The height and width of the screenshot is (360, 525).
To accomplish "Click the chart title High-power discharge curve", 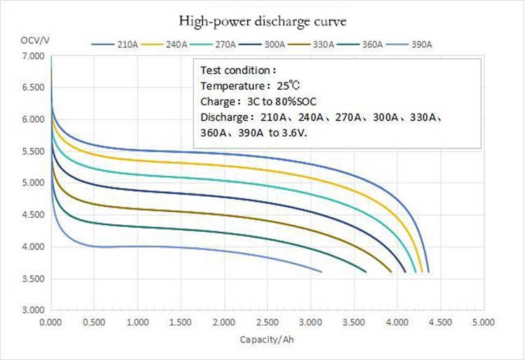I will [x=262, y=21].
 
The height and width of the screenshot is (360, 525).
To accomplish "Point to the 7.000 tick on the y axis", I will [x=34, y=55].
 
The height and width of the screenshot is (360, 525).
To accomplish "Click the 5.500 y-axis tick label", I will [x=34, y=151].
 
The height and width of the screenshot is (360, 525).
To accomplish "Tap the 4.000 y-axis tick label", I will [x=34, y=247].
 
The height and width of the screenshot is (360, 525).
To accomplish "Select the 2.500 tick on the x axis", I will [x=267, y=323].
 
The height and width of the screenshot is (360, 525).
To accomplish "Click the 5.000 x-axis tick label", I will [x=482, y=323].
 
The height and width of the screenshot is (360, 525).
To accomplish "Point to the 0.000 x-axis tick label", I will [x=51, y=323].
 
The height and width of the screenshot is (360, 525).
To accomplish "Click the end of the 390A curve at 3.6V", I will [x=321, y=271].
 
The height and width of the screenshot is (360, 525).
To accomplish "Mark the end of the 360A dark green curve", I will [x=365, y=271].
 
